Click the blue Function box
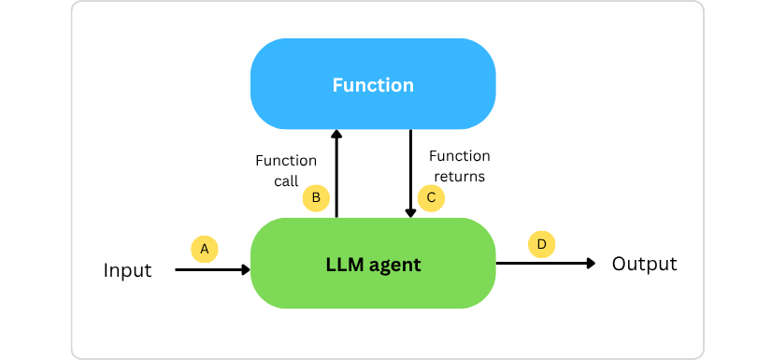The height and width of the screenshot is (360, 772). (x=373, y=85)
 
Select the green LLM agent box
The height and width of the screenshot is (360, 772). (x=373, y=265)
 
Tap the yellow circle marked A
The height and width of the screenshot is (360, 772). (x=204, y=249)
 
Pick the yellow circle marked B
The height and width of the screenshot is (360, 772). (x=316, y=197)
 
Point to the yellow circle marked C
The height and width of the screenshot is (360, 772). (x=431, y=197)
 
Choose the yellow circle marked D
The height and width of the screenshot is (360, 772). (x=541, y=245)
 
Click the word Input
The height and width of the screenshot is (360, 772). (x=127, y=271)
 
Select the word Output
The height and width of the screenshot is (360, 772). (x=644, y=264)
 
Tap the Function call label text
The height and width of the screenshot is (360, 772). (x=286, y=171)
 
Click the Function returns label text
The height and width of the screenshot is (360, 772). (x=458, y=166)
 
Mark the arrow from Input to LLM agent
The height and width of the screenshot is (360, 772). (x=213, y=270)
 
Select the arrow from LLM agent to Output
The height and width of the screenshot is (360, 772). (x=544, y=264)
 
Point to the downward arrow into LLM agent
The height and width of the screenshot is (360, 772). (x=410, y=173)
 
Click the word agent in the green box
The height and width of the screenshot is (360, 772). (x=393, y=266)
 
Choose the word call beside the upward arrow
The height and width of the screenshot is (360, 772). (x=286, y=182)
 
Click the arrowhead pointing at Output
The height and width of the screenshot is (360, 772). (x=591, y=264)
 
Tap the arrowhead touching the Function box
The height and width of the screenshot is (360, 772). (x=336, y=135)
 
